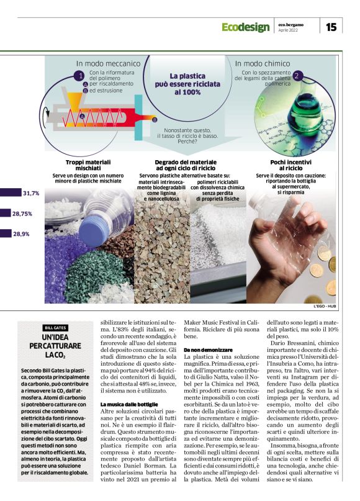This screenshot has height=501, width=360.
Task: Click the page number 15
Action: pyautogui.click(x=331, y=27)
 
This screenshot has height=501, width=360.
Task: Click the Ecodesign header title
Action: pyautogui.click(x=245, y=27)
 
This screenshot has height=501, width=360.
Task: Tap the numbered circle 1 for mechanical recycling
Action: pyautogui.click(x=79, y=76)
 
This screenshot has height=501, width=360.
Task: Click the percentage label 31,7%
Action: pyautogui.click(x=31, y=194)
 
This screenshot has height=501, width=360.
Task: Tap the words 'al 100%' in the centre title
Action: pyautogui.click(x=187, y=92)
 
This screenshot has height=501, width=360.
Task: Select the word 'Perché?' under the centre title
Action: pyautogui.click(x=187, y=142)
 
